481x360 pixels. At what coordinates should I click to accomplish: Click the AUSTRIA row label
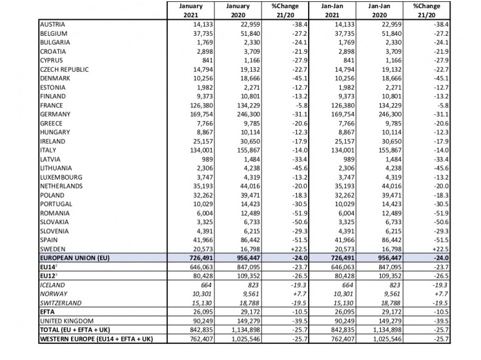pos(52,25)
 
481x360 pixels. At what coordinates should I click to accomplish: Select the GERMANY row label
pos(55,114)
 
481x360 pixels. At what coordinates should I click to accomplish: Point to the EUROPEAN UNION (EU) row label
pos(75,257)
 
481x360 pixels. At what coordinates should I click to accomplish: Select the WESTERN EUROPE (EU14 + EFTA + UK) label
pos(96,339)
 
